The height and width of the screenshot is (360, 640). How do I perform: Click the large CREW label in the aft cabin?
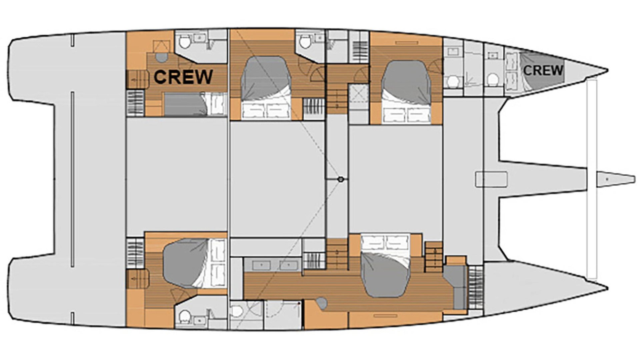coord(183,77)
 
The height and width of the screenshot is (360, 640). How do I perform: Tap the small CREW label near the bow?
coord(543,70)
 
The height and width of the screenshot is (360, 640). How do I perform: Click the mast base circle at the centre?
coord(340,179)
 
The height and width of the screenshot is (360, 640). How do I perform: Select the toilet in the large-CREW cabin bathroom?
coord(184,42)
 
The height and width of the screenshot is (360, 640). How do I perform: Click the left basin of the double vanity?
coord(261,265)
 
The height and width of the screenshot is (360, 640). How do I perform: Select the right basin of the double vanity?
coord(289,265)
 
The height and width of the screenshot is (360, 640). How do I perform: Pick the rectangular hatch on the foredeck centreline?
coord(491,179)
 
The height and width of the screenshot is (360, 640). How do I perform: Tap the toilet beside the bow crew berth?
coord(492,79)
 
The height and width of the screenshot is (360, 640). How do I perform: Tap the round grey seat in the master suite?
coord(322,303)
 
